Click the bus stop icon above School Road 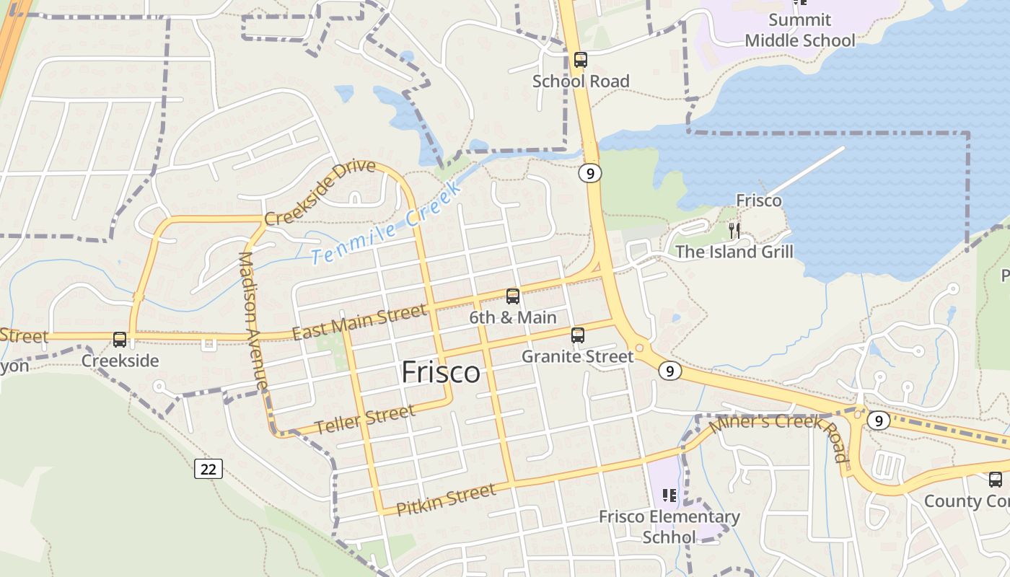coord(581,60)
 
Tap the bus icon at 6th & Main coord(513,296)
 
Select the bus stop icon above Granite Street coord(578,335)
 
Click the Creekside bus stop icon coord(120,339)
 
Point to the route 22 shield coord(208,469)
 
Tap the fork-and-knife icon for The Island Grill coord(734,231)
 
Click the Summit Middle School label coord(799,30)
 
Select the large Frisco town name coord(440,372)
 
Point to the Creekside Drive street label coord(320,192)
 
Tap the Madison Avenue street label coord(252,322)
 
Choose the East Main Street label coord(359,322)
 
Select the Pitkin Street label coord(447,499)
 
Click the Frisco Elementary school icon coord(669,495)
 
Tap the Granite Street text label coord(577,356)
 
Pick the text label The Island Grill coord(734,252)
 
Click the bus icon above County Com coord(996,479)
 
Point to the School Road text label coord(581,81)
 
